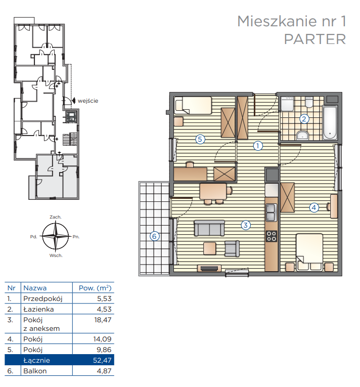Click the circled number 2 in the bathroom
[x=304, y=119]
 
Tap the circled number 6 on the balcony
[x=154, y=236]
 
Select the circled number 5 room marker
[x=200, y=139]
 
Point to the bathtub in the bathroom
[x=330, y=122]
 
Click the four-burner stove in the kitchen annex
[x=272, y=236]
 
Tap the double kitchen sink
[x=272, y=212]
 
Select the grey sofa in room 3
[x=209, y=228]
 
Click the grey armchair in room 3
[x=232, y=249]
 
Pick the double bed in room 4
[x=309, y=252]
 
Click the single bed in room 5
[x=193, y=105]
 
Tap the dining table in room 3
[x=213, y=191]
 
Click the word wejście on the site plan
[x=88, y=101]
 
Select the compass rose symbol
[x=56, y=236]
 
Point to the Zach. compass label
[x=56, y=217]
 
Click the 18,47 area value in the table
[x=103, y=320]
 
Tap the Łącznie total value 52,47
[x=102, y=360]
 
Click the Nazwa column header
[x=35, y=288]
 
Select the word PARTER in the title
[x=315, y=39]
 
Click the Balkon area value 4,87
[x=104, y=371]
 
